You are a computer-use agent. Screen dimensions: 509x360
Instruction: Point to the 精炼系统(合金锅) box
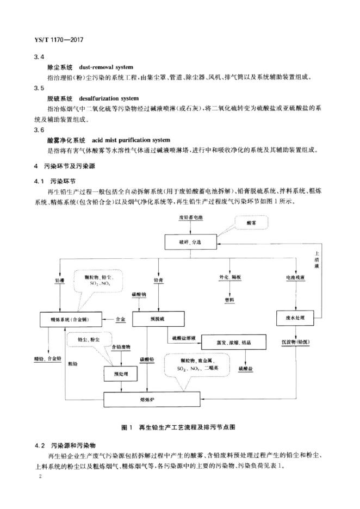[71, 319]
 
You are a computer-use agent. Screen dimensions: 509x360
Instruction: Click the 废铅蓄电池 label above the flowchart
[190, 218]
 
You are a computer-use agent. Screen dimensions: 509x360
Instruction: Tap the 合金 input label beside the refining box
[121, 319]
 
